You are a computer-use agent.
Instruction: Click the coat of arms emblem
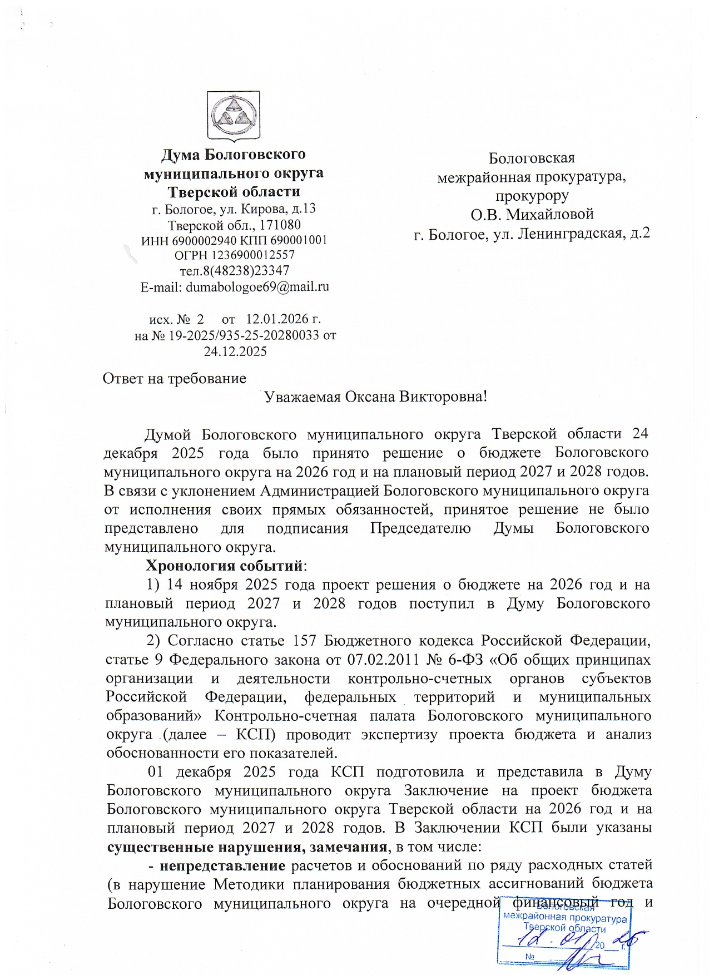(234, 116)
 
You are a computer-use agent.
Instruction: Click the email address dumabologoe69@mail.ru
(257, 287)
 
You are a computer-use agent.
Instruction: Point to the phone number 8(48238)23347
(242, 271)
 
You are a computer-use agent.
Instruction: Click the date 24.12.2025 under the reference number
(235, 351)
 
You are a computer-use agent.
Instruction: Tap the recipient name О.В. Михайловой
(532, 214)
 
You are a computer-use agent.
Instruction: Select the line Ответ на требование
(175, 379)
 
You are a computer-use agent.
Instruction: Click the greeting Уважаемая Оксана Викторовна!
(375, 397)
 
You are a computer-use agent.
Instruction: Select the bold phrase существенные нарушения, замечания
(246, 847)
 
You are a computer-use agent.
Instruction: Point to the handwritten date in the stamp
(573, 942)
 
